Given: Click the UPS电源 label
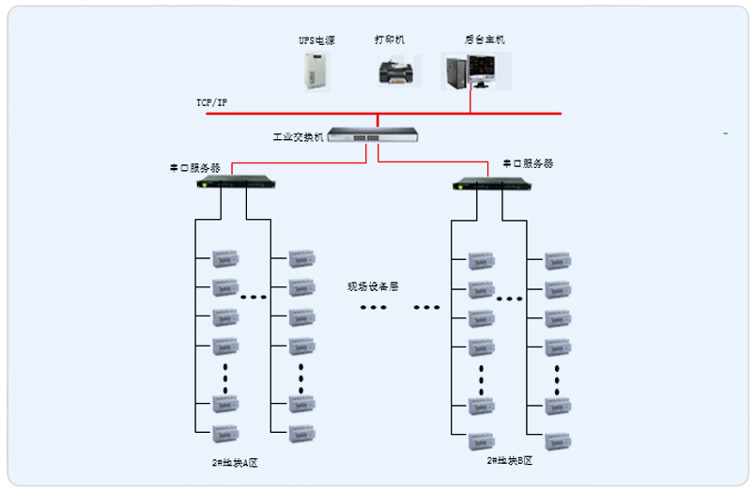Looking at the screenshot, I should pyautogui.click(x=316, y=40).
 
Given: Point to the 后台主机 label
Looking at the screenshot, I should pyautogui.click(x=485, y=39).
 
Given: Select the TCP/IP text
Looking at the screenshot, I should pyautogui.click(x=211, y=101).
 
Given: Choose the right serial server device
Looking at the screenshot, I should pyautogui.click(x=485, y=183).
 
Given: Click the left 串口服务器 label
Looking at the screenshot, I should pyautogui.click(x=194, y=168).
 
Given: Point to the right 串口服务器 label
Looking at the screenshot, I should pyautogui.click(x=528, y=163).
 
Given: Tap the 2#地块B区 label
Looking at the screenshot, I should pyautogui.click(x=510, y=460).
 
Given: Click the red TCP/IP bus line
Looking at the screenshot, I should pyautogui.click(x=282, y=114).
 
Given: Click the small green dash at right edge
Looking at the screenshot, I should pyautogui.click(x=725, y=134).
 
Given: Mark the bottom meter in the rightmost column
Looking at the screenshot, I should pyautogui.click(x=558, y=436).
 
